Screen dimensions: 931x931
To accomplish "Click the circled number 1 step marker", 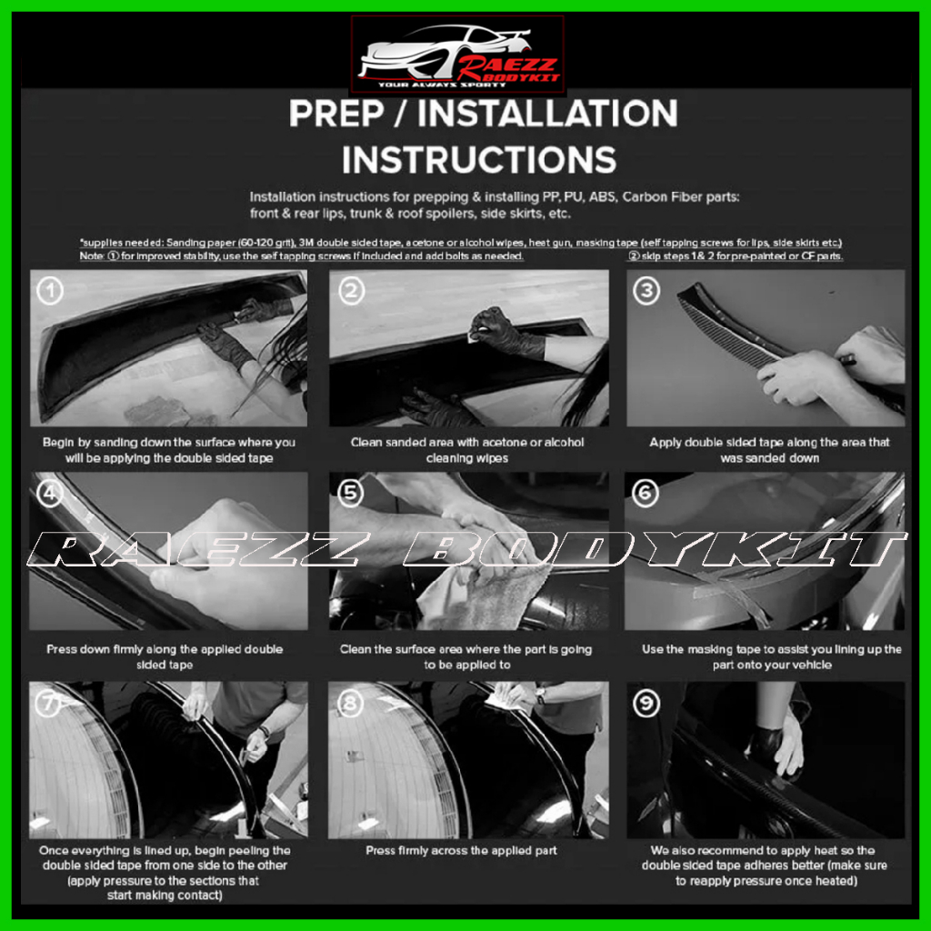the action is pos(50,291).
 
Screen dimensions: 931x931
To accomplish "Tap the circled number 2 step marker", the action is pos(352,291).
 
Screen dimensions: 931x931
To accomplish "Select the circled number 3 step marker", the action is pos(646,291).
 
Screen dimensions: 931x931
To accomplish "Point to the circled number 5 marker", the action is pos(350,493).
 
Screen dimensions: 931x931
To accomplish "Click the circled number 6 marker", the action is pos(646,493).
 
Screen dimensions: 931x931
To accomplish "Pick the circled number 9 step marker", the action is pos(646,704).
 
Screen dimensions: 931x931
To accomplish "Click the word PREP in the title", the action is pos(336,114).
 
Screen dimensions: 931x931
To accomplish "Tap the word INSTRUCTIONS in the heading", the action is pos(479,160).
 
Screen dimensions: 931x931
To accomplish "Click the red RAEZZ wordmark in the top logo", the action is pos(506,65).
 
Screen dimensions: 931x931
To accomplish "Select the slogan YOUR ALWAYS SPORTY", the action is pos(442,85).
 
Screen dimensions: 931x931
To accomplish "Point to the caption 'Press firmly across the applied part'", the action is pos(461,850).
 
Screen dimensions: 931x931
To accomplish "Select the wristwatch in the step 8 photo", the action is pos(540,695).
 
